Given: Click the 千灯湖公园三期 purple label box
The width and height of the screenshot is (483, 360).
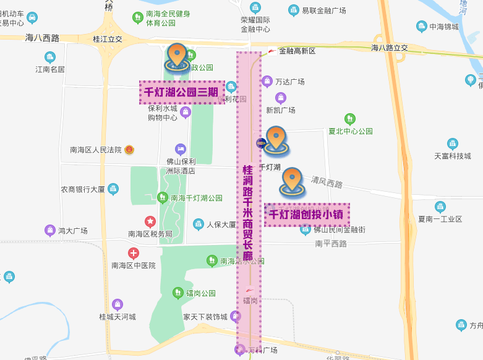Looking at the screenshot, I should [182, 92].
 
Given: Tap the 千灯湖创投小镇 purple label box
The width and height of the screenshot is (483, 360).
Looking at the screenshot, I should [307, 215].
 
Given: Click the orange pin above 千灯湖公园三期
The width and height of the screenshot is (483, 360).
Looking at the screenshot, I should [177, 56].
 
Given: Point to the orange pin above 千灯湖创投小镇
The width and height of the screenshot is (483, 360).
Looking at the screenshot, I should [292, 181].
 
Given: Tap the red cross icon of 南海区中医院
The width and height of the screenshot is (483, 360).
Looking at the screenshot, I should [134, 253].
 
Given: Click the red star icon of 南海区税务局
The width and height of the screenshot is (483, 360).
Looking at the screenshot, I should [150, 221].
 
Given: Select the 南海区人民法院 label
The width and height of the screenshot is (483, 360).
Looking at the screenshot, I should [96, 150].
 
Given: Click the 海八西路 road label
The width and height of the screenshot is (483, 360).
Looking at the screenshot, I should [43, 38].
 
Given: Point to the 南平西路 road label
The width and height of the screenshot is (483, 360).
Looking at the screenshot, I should [331, 243].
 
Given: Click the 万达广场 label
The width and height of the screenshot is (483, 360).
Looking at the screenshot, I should [290, 82].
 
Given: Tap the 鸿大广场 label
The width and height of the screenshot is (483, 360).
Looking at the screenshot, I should [72, 231].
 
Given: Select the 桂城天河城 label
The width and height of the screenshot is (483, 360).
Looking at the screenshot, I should [117, 317].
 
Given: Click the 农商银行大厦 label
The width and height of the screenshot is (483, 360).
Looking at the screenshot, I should [83, 189].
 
